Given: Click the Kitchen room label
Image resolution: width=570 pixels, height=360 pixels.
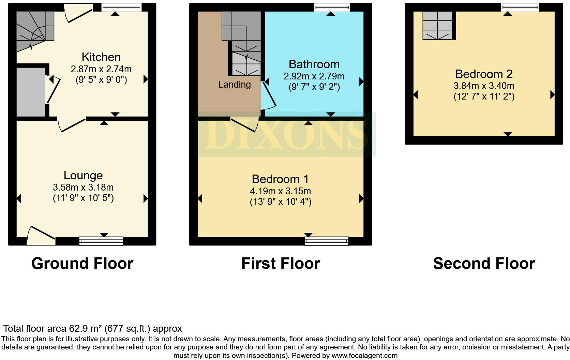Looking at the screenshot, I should (101, 57).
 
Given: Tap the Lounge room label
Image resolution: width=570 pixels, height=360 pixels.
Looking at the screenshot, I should (83, 175).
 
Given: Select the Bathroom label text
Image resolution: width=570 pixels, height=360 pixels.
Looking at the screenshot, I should (314, 64).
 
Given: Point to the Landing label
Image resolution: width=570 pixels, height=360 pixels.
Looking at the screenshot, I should (235, 85).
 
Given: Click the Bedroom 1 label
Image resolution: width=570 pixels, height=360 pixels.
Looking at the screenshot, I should (280, 179).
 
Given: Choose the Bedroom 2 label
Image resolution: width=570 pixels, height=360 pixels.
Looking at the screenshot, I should (484, 74).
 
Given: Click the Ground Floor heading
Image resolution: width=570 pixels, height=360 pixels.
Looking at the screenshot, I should (82, 264).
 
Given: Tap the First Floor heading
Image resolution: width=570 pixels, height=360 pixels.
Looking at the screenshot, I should (281, 264).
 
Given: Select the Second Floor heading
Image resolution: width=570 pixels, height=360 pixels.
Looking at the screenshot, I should (484, 264).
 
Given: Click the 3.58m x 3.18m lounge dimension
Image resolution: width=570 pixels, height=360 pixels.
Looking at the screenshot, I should (83, 187).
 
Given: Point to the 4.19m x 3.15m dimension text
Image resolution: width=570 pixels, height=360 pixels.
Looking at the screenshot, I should (280, 191).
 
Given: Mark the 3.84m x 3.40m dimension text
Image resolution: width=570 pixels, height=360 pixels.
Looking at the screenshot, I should (484, 86).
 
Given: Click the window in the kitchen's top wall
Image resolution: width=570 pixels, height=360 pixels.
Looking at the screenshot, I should (121, 7).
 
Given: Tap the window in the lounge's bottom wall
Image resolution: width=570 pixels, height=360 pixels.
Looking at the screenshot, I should (101, 241).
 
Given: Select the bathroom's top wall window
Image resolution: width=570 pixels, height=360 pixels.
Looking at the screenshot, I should (332, 7).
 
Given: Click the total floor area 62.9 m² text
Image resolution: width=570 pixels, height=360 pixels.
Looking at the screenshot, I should (92, 329).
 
